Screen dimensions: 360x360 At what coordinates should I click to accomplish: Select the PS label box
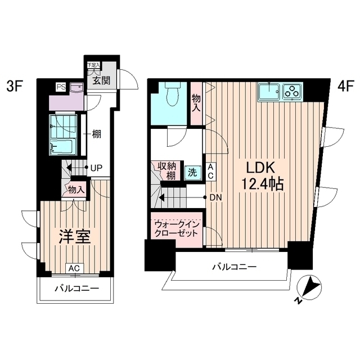point(60,86)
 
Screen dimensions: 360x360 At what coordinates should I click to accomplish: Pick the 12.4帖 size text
point(260,184)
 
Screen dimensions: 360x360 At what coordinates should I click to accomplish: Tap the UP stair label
point(96,168)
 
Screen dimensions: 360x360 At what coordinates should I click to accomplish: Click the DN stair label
point(215,197)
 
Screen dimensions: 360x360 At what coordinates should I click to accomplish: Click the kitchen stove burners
point(292,91)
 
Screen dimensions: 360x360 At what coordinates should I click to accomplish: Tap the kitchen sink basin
point(271,92)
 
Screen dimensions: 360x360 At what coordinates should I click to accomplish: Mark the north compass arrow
point(306,289)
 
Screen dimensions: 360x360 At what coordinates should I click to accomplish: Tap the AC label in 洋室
point(74,268)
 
